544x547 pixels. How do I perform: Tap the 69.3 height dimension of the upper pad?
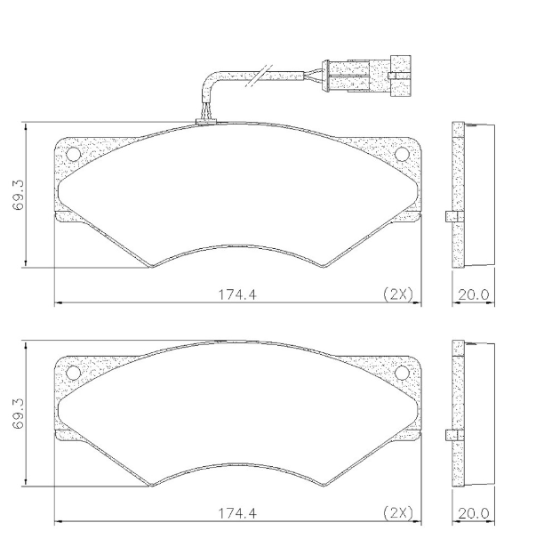tap(19, 193)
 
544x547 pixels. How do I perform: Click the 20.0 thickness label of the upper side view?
tap(473, 294)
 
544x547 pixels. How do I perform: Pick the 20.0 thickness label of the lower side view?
tap(473, 513)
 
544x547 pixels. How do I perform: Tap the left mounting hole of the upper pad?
tap(74, 155)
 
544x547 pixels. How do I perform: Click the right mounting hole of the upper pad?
tap(402, 155)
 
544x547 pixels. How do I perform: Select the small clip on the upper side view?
tap(450, 216)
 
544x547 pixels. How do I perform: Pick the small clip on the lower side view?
tap(450, 435)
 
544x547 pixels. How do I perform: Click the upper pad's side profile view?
tap(471, 193)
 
